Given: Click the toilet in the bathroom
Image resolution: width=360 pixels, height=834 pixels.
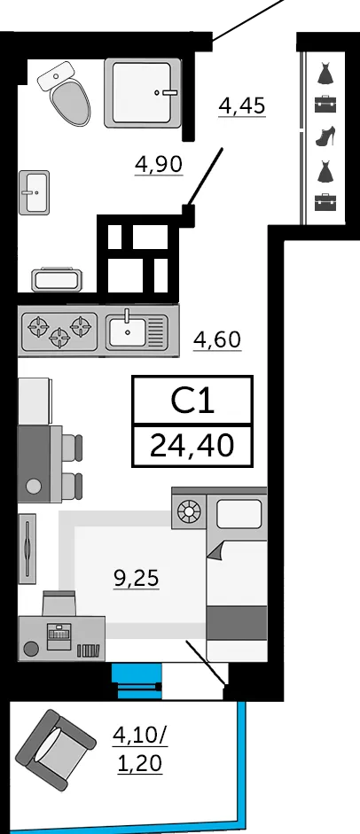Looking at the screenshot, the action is point(65,92).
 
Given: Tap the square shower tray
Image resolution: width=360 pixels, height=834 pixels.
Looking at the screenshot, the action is point(143,92).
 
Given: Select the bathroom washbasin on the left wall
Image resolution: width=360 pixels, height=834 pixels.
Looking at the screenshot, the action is point(34,192).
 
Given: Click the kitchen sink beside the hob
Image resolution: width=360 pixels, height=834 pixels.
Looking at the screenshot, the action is point(137,331).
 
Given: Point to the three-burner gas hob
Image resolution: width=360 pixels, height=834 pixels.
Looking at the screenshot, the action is point(59,331).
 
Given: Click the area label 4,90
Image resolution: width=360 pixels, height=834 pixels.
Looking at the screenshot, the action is point(159,164).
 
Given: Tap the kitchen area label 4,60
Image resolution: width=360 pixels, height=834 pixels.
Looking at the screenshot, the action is point(217,339).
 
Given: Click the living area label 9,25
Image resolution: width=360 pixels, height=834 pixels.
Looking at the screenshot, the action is point(137,577).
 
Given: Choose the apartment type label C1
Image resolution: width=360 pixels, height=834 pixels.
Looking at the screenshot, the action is point(192,401).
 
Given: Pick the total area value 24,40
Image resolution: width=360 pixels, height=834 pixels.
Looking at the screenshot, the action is point(192,445).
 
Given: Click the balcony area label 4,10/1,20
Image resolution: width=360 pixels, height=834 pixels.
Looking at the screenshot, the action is point(139,750).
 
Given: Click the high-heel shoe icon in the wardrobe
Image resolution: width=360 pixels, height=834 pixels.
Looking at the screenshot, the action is point(325,136).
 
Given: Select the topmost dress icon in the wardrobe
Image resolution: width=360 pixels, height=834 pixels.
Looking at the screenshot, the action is point(325,73).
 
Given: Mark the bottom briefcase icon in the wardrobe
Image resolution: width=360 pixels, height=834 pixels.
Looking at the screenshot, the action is point(325,202).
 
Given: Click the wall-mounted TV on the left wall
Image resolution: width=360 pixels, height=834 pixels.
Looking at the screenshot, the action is point(27,548).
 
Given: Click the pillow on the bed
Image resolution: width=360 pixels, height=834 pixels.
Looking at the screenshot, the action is point(239,514).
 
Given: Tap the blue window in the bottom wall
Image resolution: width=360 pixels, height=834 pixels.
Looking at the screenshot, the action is point(137,681).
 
